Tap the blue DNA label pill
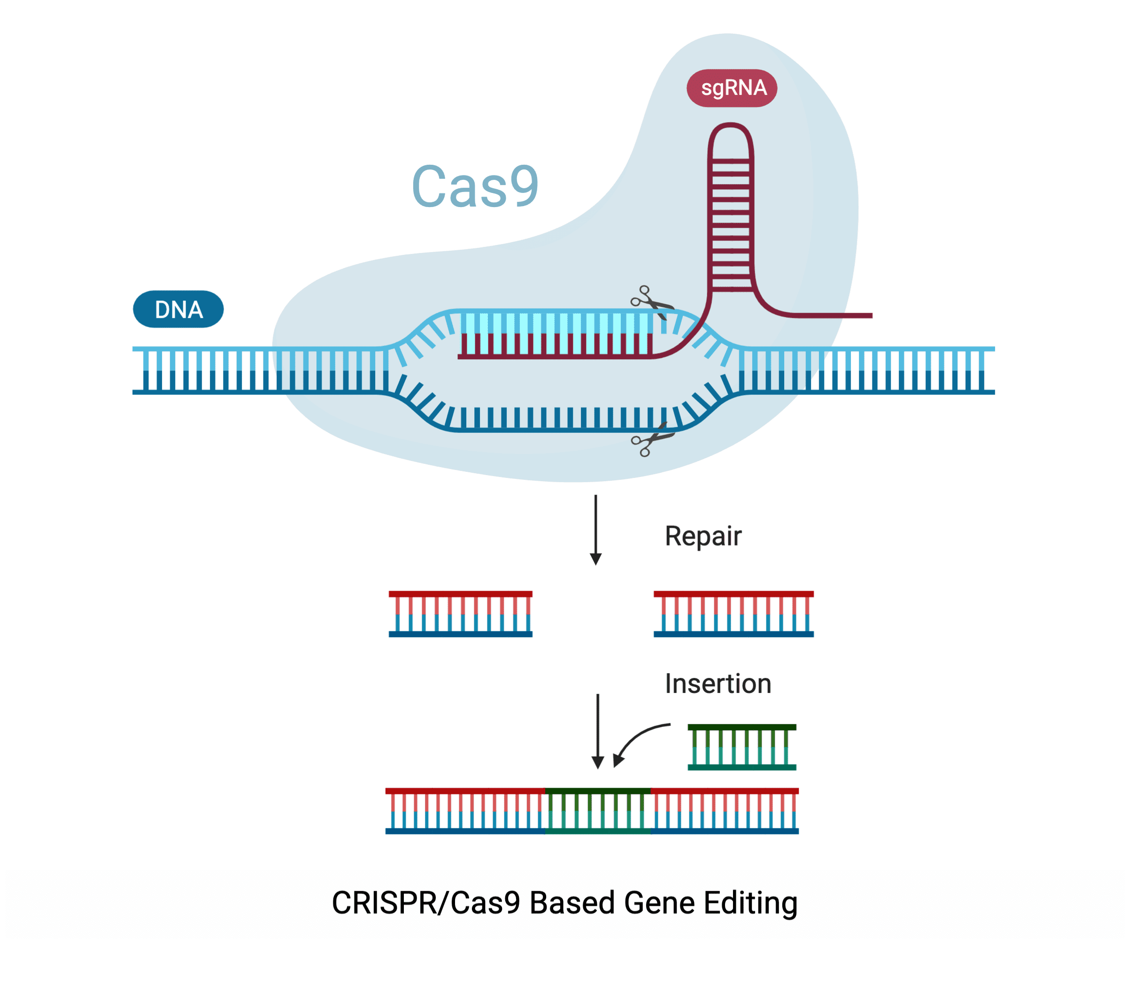178,309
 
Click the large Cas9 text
475,187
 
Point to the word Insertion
718,684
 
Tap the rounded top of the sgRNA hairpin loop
730,128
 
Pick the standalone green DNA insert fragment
742,747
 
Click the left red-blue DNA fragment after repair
461,614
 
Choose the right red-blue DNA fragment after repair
733,614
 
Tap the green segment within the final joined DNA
598,811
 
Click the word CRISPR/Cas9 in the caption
426,903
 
